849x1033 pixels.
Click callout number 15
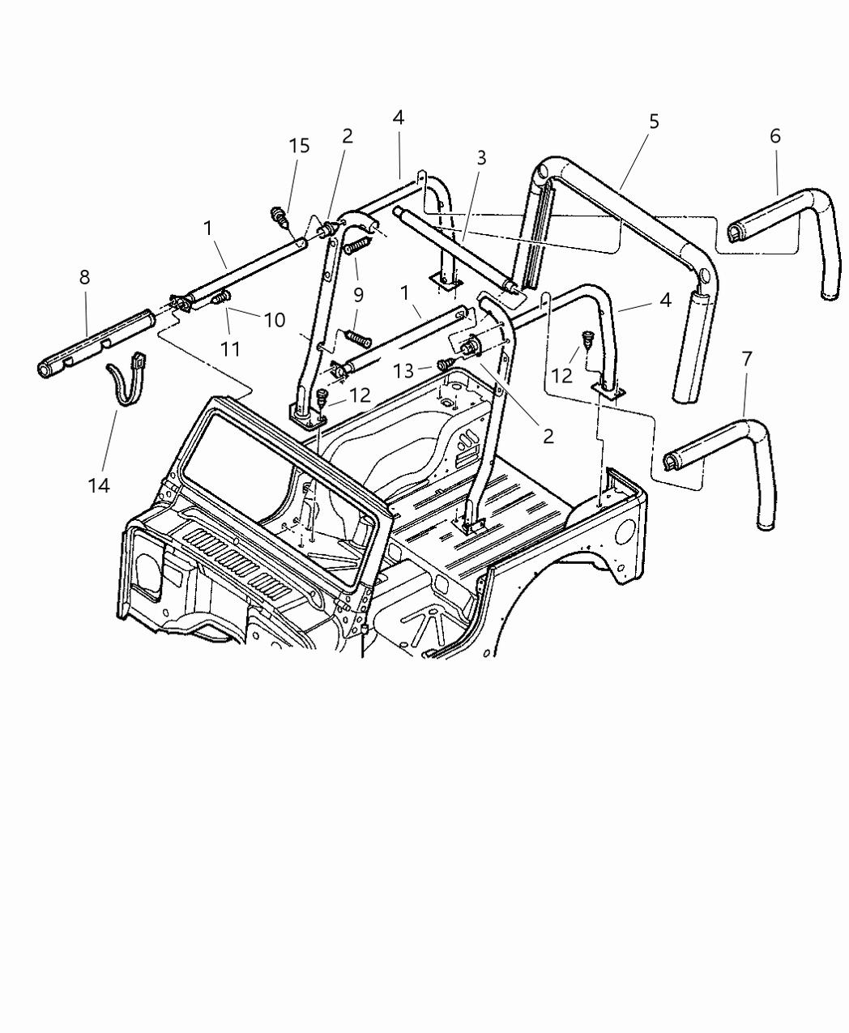(x=299, y=146)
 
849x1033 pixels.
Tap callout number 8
(x=84, y=277)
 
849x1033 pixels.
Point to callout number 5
(x=654, y=122)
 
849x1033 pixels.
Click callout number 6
(x=775, y=136)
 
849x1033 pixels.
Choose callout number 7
(x=746, y=357)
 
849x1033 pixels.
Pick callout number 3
(x=481, y=158)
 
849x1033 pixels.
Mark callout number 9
(x=358, y=295)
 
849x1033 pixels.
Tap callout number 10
(x=274, y=320)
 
